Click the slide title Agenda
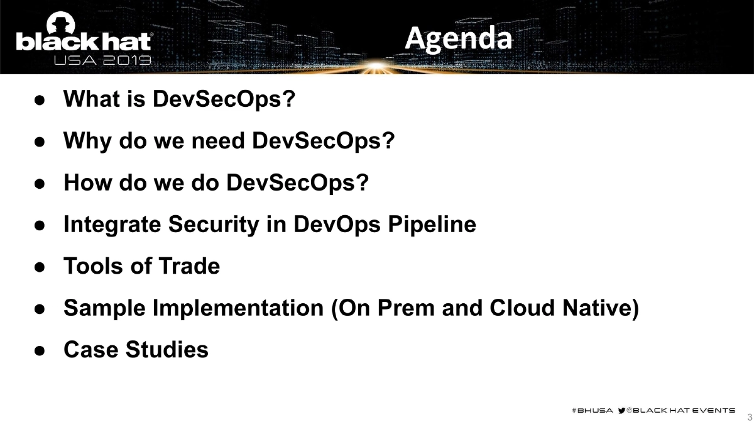click(x=458, y=38)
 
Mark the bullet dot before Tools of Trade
click(x=38, y=267)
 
